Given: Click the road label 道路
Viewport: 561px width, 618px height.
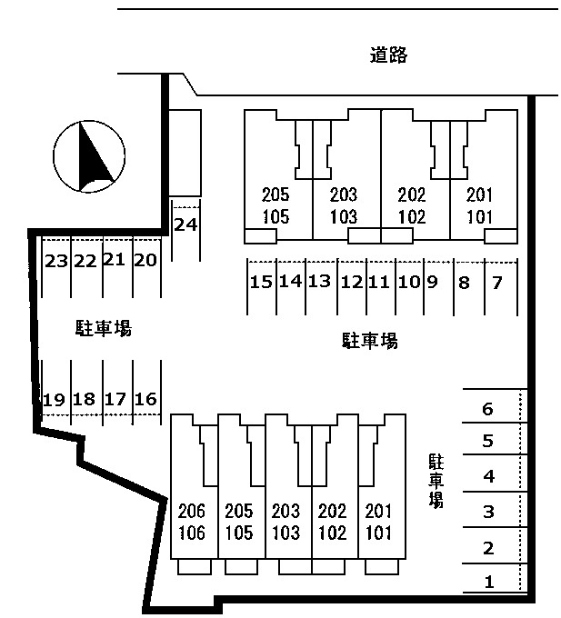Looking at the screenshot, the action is point(388,55).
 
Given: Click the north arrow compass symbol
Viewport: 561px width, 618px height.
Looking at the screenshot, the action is point(89,156).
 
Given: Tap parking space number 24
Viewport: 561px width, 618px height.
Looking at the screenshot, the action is point(185,224).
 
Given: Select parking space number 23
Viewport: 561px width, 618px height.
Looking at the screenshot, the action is point(56,261).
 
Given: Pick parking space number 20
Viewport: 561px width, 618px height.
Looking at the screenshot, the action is point(145,260).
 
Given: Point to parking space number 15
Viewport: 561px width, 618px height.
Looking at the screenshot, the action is point(261,282).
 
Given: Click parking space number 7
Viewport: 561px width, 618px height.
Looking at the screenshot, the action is point(497,283).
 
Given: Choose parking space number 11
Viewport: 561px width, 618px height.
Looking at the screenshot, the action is point(379,282).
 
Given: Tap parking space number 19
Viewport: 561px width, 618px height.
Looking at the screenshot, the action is point(54,400).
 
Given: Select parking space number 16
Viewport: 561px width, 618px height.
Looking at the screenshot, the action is point(145,399).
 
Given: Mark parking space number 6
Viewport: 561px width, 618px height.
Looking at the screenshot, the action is point(487,409).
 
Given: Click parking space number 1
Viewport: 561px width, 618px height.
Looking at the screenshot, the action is point(489,582).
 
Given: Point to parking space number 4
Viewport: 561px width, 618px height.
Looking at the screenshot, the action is point(489,476).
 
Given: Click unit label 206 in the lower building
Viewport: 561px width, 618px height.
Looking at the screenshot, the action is point(192,511).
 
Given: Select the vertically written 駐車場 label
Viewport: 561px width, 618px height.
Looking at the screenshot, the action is point(436,482).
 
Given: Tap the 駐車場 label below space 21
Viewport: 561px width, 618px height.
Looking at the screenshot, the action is point(104,328).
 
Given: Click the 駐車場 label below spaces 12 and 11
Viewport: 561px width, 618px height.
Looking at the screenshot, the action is point(369,341).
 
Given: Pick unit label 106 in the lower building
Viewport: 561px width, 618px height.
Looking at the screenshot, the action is point(192,533).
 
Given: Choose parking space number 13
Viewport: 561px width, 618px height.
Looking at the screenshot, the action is point(319,281).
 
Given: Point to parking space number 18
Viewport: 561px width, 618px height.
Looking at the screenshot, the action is point(84,399).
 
